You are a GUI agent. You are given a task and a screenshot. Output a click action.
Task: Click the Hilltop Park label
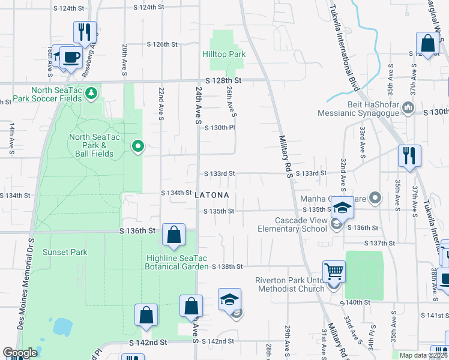(x=223, y=54)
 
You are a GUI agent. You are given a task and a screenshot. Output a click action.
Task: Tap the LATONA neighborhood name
(x=212, y=195)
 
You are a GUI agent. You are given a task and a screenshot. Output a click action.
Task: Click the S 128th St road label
(x=222, y=80)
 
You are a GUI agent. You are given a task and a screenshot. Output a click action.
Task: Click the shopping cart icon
(x=334, y=271)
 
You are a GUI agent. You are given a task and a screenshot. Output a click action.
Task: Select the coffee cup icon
(x=71, y=57)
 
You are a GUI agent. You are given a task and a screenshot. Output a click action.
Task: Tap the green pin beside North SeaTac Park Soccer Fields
(x=91, y=93)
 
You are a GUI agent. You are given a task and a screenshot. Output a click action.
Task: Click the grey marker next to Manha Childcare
(x=376, y=197)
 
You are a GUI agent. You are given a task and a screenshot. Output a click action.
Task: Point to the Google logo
(x=20, y=353)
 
